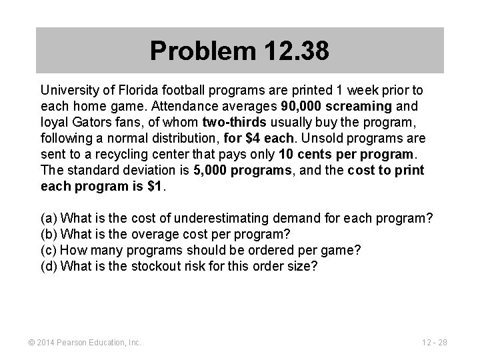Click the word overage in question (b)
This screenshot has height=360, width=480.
coord(153,234)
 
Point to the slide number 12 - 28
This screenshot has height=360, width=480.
coord(434,343)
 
